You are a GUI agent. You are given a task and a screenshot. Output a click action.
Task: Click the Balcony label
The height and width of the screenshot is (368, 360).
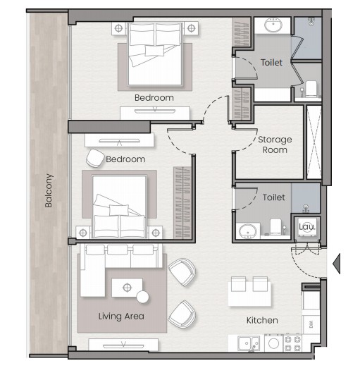tap(49, 190)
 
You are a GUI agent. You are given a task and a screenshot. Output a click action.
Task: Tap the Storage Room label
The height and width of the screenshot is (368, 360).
tap(275, 145)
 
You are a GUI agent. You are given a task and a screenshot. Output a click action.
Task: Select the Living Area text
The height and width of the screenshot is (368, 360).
tap(121, 317)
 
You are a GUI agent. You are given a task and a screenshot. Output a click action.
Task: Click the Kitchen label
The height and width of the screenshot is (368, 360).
tap(262, 320)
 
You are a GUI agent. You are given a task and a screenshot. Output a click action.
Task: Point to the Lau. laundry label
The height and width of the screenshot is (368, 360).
tap(307, 227)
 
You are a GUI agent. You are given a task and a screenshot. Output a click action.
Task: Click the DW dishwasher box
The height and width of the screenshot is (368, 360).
tap(311, 324)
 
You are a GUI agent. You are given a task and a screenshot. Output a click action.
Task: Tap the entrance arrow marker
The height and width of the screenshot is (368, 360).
tap(337, 264)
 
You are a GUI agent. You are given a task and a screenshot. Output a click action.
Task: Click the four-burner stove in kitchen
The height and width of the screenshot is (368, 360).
tap(292, 343)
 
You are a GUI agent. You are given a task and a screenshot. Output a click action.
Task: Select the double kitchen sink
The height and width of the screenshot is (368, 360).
tap(249, 343)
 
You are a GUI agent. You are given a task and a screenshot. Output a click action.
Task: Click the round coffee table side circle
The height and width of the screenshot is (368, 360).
tap(142, 297)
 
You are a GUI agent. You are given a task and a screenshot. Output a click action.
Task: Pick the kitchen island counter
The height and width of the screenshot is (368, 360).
tap(249, 294)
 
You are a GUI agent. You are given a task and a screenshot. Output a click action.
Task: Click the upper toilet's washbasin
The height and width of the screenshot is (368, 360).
tap(273, 25)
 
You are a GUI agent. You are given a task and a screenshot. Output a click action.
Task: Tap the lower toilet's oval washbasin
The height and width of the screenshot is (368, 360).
tap(247, 231)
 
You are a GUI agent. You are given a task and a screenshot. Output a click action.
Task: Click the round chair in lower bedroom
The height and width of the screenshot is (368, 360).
tap(95, 158)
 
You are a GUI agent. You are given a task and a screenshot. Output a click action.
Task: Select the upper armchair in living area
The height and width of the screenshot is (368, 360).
tap(182, 272)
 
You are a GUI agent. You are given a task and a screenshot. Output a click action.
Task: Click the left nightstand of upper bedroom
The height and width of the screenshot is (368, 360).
tap(119, 28)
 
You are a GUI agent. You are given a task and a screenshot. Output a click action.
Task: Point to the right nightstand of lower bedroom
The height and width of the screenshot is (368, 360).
tap(156, 233)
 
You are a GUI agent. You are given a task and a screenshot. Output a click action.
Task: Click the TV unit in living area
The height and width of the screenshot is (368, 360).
tap(123, 345)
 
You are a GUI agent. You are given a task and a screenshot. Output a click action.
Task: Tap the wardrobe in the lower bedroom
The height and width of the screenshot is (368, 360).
tap(182, 202)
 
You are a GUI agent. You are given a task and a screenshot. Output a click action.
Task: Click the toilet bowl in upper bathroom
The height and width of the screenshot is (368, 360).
tap(311, 89)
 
